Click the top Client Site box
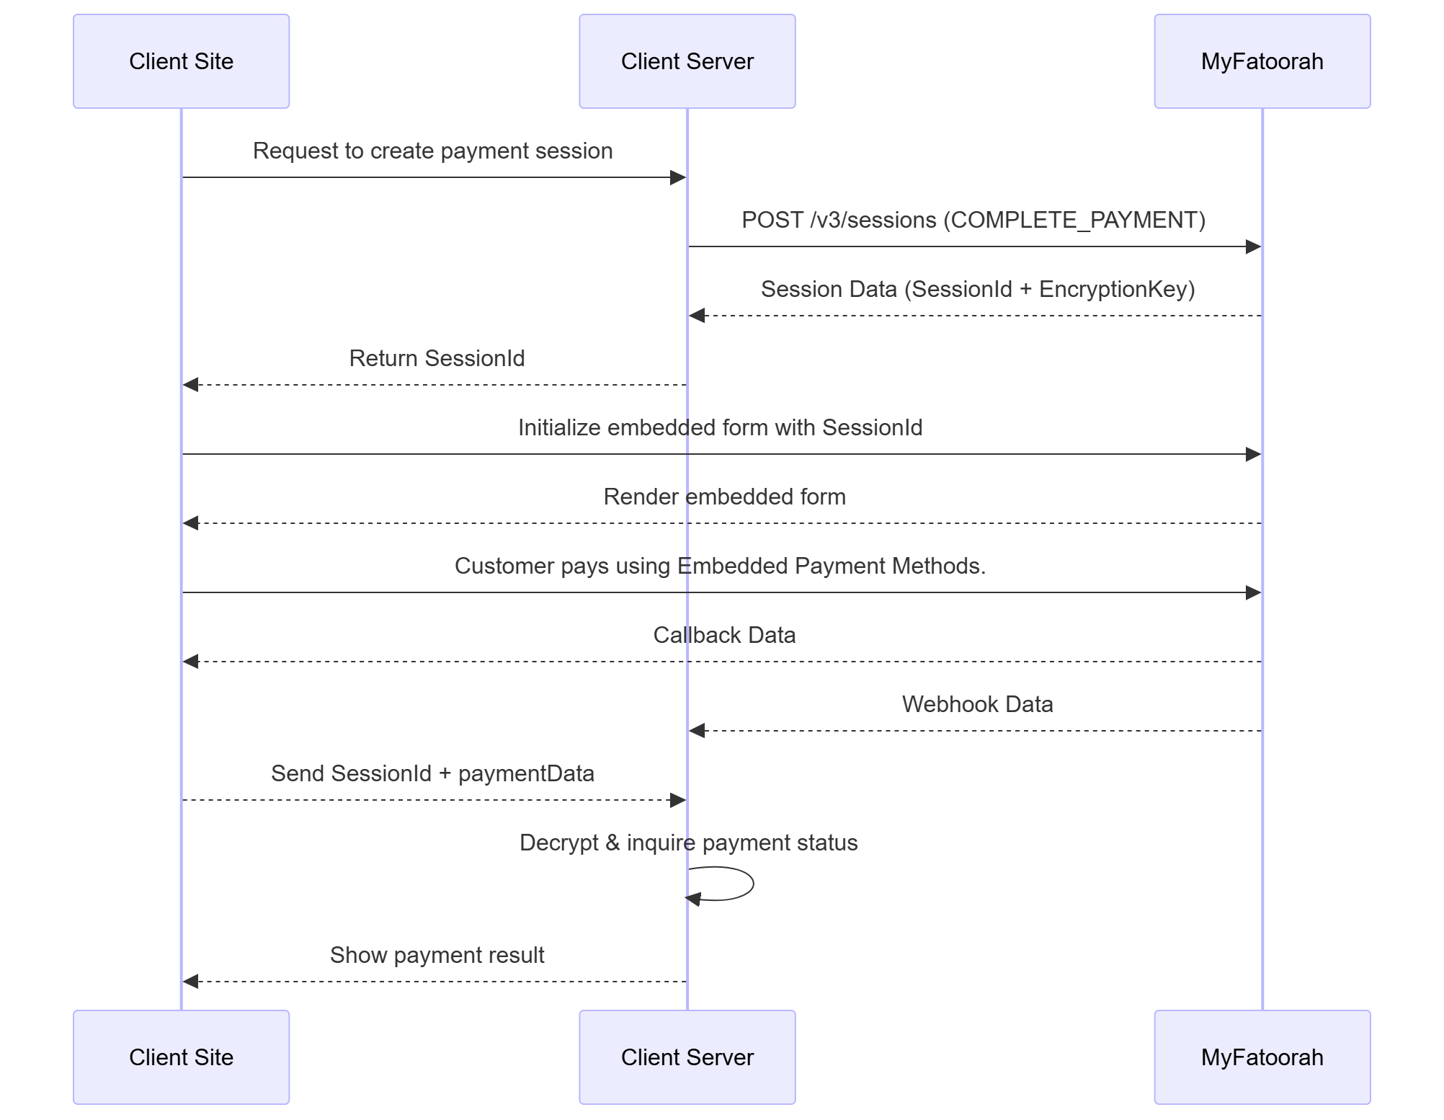[x=181, y=61]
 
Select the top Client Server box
[x=687, y=61]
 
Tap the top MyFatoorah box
[x=1262, y=61]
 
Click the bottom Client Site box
[x=181, y=1057]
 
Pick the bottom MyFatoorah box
[x=1262, y=1057]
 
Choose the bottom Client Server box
[x=687, y=1057]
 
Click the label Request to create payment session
[x=432, y=151]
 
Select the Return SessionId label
[x=437, y=358]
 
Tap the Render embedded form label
[x=724, y=497]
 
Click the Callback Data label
[x=724, y=635]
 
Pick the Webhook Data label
[x=977, y=704]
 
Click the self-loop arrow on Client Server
[x=752, y=884]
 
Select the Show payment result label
[x=437, y=955]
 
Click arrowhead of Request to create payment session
[x=678, y=177]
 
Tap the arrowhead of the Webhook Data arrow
[x=697, y=731]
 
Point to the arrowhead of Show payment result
[x=190, y=982]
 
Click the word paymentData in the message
[x=526, y=773]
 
